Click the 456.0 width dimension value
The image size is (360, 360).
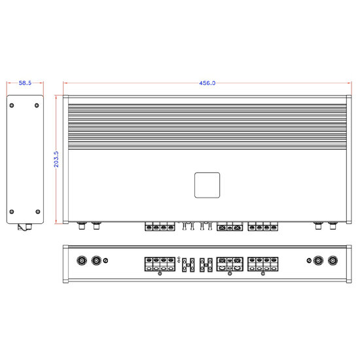point(207,83)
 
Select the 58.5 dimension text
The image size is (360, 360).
point(25,83)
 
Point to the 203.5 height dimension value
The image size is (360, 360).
point(56,159)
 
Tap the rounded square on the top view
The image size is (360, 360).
point(207,185)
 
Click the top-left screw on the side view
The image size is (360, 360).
point(13,103)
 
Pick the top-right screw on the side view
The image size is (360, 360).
point(37,103)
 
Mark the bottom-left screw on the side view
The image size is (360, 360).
point(13,211)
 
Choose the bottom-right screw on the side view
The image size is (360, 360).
point(37,211)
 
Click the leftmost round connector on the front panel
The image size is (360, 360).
point(82,261)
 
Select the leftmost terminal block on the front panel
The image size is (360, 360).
point(160,264)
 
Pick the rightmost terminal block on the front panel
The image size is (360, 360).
point(262,264)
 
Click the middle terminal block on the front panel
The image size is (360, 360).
point(228,264)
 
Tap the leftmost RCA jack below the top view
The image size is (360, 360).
point(81,226)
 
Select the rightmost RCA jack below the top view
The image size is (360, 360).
point(334,226)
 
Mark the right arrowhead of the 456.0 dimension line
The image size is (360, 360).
point(347,83)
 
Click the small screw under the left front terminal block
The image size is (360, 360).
point(160,274)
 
